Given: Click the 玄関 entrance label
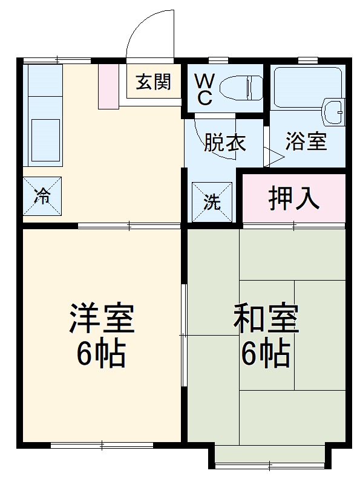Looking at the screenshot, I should point(152,83).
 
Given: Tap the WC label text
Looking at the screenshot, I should point(203,90).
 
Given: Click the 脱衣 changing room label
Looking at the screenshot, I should point(224,143).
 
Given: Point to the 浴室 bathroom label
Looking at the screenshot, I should point(307,142).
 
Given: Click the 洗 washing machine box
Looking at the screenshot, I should point(212,202).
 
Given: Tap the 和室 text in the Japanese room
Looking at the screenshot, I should point(266,319).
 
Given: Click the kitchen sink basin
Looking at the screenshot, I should point(45,134).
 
